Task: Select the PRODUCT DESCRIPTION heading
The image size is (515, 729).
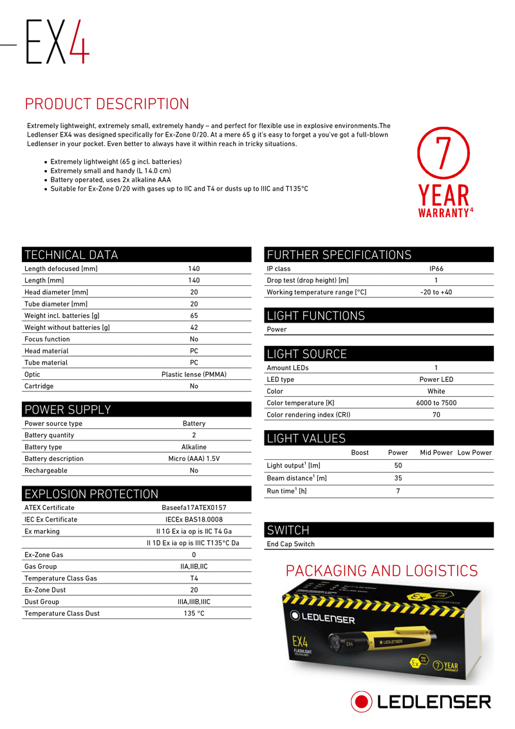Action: click(x=107, y=104)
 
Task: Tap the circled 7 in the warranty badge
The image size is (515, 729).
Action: click(x=442, y=153)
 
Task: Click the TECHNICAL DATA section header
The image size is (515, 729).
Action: click(x=71, y=254)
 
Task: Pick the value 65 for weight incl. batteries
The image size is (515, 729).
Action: click(x=194, y=316)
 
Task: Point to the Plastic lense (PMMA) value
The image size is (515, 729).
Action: click(x=194, y=374)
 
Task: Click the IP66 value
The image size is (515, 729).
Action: click(x=436, y=269)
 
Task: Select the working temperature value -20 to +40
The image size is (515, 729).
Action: click(x=436, y=292)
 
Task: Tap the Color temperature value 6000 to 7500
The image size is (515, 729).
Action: click(x=436, y=403)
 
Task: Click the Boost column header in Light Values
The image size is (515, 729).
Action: click(x=360, y=453)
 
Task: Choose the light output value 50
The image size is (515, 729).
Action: click(x=398, y=465)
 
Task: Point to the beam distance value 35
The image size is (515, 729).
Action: click(x=398, y=478)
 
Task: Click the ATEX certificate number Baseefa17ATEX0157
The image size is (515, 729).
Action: click(x=194, y=507)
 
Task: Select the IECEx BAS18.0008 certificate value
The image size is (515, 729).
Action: click(x=194, y=519)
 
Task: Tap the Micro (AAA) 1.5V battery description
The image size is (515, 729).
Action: click(x=194, y=459)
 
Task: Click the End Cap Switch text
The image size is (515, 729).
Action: click(x=290, y=544)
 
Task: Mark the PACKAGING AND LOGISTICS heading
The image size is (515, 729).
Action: click(x=382, y=571)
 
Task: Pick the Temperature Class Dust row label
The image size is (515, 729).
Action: click(x=62, y=614)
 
